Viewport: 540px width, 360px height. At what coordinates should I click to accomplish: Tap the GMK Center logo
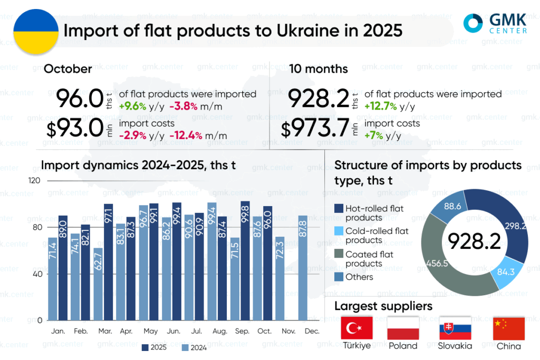pos(495,23)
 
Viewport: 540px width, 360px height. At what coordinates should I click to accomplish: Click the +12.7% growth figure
pos(380,106)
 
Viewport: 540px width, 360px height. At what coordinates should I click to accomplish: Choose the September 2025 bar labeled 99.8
pos(245,260)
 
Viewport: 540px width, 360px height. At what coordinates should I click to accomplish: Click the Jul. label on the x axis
pos(195,331)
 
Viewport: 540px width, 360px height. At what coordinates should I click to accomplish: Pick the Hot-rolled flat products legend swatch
pos(339,209)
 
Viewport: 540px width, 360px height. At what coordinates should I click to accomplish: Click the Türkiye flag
pos(357,328)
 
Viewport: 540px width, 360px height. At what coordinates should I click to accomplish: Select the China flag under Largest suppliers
pos(509,328)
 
